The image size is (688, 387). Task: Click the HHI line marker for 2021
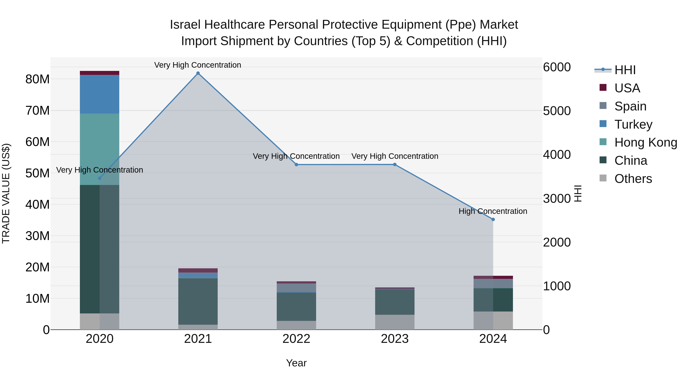198,73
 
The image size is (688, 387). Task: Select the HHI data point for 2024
493,219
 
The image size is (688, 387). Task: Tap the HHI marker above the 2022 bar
296,165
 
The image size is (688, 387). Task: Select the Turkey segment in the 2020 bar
99,94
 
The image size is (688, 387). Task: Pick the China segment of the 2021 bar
198,301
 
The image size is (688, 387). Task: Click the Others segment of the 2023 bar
395,322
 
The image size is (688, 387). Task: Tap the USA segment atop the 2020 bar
99,73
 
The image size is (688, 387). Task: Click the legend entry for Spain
630,106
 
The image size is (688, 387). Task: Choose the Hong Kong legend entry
646,142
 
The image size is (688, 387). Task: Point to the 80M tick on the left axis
37,79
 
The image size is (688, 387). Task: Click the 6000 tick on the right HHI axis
557,67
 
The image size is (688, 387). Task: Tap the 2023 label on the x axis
395,339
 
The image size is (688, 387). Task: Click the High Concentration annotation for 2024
493,211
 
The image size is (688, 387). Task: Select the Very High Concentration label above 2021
198,65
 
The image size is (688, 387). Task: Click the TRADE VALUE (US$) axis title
6,193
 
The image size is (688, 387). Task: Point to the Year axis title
296,363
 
